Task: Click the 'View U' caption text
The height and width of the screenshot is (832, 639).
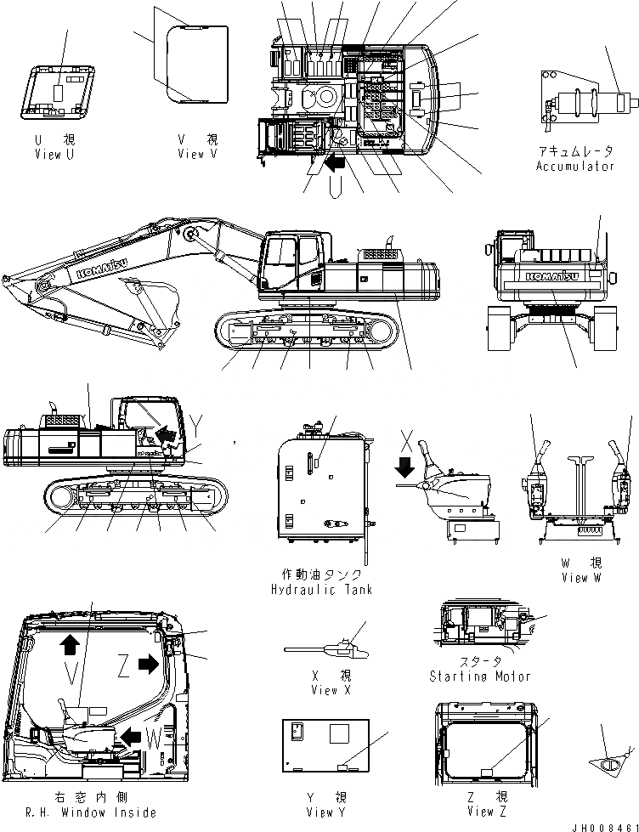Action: (x=60, y=155)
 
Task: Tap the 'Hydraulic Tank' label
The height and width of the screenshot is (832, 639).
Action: (x=320, y=590)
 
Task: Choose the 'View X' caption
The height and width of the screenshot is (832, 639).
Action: (x=325, y=690)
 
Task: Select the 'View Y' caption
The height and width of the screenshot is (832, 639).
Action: (x=324, y=812)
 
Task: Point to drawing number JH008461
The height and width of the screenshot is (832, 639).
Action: (x=603, y=825)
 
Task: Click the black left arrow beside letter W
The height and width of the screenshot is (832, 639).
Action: (x=132, y=733)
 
